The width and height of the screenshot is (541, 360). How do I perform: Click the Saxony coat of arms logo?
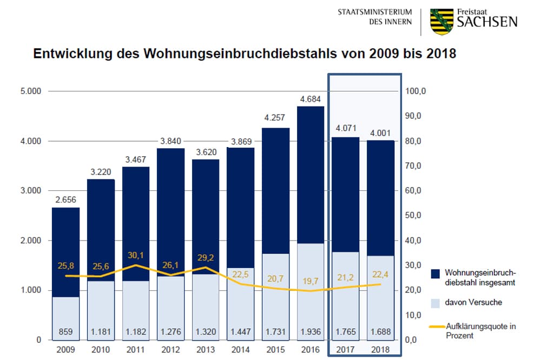click(x=441, y=22)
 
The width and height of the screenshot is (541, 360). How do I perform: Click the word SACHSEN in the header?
click(x=487, y=22)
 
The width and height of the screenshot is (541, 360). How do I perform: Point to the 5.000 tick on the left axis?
click(x=31, y=91)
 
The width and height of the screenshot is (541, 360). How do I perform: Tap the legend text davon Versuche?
click(x=473, y=302)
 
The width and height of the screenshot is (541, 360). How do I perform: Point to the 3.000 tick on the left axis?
click(x=31, y=191)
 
